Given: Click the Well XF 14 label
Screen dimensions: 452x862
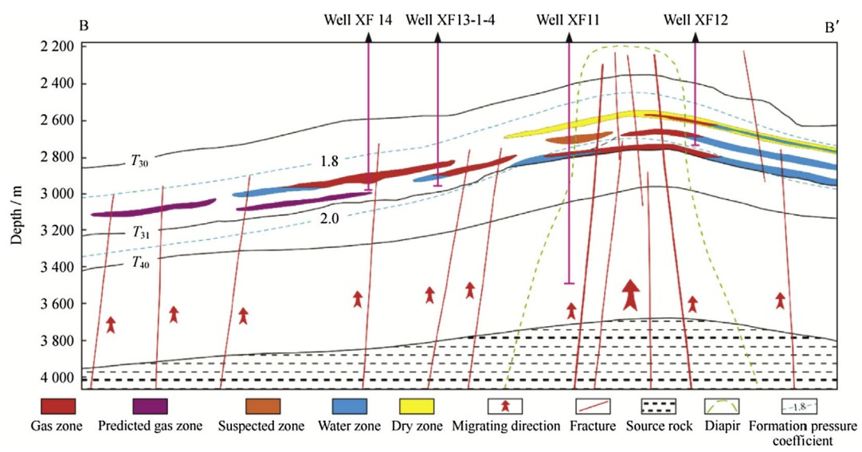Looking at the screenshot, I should [x=358, y=20].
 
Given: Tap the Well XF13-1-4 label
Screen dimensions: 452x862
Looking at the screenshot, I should [x=450, y=20].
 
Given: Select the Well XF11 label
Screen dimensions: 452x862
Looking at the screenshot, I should [x=567, y=20].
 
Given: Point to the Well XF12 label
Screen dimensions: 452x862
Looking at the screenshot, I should [x=695, y=20].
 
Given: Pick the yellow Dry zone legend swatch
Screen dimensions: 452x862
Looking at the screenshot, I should [x=415, y=407].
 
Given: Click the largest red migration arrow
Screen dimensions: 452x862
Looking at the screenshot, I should [x=631, y=294].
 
